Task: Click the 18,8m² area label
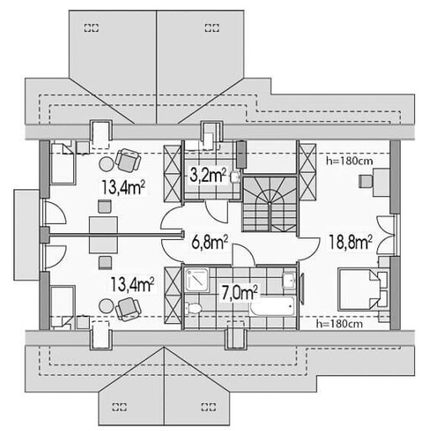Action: pos(350,243)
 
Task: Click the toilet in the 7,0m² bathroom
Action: pos(195,308)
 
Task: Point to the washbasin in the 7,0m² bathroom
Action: pos(288,280)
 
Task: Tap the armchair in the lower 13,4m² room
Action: pos(128,311)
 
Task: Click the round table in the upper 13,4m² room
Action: pos(107,165)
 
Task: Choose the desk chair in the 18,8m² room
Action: pos(366,179)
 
